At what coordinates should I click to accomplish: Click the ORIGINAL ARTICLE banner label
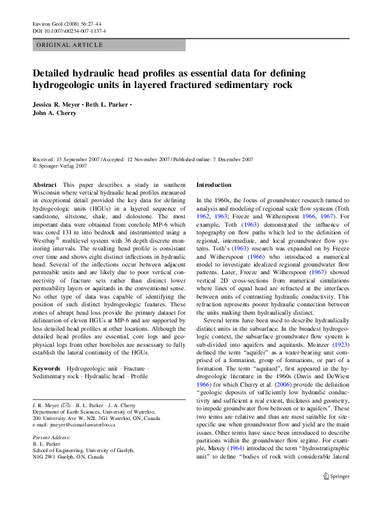70,45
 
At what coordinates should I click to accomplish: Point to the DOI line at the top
69,31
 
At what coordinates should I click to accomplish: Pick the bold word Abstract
44,184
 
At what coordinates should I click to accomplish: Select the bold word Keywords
48,369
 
